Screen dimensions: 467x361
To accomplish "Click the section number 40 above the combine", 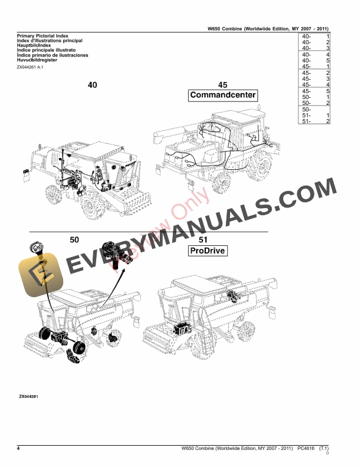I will tap(93, 85).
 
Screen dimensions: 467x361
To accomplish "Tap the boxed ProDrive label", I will tap(208, 252).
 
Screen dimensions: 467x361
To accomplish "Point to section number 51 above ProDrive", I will tap(203, 239).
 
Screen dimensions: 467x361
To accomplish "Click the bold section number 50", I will tap(74, 239).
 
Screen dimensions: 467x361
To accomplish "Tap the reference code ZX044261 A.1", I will tap(31, 68).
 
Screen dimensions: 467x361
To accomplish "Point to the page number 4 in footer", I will tap(19, 449).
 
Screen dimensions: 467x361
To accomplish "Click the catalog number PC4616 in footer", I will tap(306, 449).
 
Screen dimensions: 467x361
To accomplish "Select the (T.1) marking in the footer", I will tap(323, 449).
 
